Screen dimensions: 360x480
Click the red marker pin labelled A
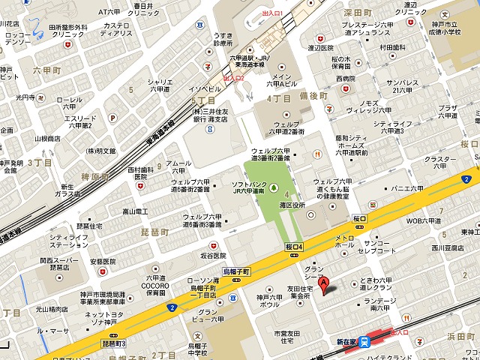[324, 286]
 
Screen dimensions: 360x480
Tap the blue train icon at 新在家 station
[364, 342]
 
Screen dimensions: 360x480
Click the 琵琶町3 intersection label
[114, 342]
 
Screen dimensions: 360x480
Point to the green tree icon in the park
[274, 187]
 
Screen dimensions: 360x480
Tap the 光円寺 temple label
[25, 97]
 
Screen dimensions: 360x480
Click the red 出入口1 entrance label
[271, 13]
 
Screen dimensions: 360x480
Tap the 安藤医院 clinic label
[102, 262]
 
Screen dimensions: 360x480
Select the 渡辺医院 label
[320, 48]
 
